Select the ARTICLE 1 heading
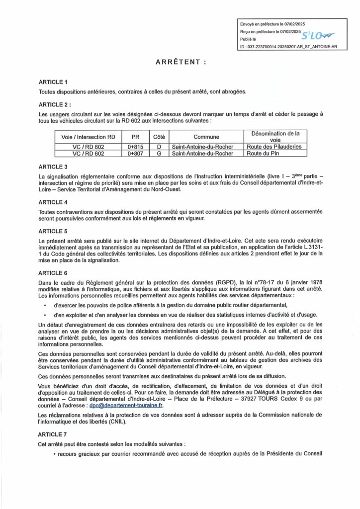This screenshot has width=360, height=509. click(x=52, y=82)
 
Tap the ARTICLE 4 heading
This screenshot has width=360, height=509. click(x=52, y=202)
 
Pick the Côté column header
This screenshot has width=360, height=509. click(x=159, y=136)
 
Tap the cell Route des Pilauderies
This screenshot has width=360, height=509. click(x=274, y=147)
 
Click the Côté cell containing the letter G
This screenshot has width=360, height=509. click(x=159, y=154)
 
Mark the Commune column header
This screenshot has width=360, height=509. click(x=206, y=136)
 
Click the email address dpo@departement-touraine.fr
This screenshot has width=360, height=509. click(x=118, y=405)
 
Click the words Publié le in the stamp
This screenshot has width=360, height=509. click(x=248, y=38)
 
